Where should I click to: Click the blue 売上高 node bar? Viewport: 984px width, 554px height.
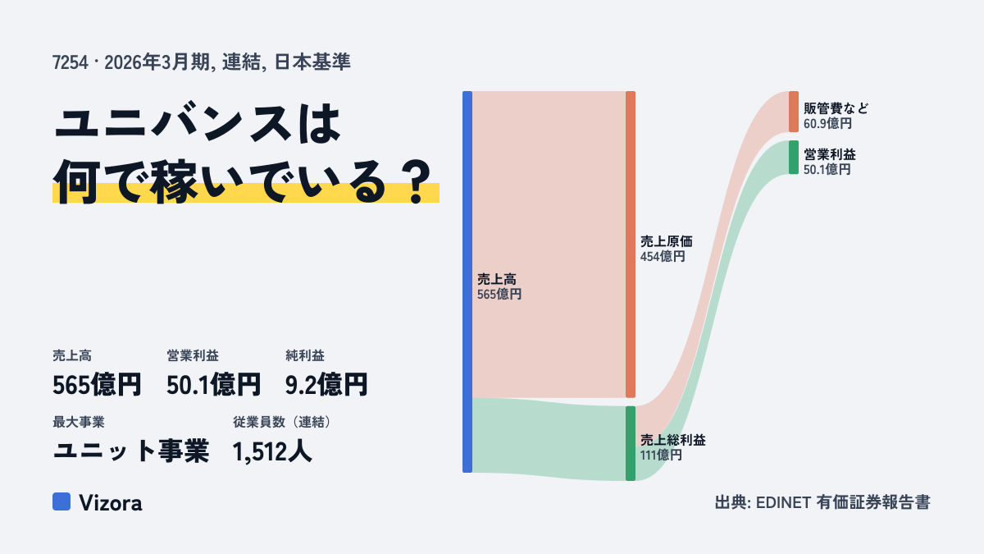[x=467, y=282]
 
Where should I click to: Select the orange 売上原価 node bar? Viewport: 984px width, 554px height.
[x=631, y=245]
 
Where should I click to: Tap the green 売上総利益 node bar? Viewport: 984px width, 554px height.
[x=631, y=443]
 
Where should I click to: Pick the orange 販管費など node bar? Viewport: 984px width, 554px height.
[x=794, y=112]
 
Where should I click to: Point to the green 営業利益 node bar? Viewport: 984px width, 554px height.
[x=794, y=158]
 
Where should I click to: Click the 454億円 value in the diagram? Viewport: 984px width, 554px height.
[x=663, y=256]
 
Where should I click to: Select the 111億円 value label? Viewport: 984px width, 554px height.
[x=661, y=455]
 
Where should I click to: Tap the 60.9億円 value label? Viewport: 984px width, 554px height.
[x=827, y=124]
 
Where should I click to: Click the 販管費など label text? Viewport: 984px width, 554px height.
[x=836, y=108]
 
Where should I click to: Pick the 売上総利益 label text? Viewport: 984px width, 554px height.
[x=672, y=440]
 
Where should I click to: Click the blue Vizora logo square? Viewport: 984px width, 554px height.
[x=61, y=501]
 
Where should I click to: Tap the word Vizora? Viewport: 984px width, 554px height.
[x=111, y=502]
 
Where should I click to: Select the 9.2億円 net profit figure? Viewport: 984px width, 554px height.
[x=326, y=384]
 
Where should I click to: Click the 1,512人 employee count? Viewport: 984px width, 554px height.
[x=272, y=451]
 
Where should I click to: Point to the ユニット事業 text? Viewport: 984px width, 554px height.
[x=131, y=451]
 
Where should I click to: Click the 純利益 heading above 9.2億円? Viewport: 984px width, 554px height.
[x=305, y=355]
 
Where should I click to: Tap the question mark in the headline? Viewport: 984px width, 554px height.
[x=416, y=182]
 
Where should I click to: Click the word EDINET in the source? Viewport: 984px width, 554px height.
[x=783, y=502]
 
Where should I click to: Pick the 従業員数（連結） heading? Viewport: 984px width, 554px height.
[x=282, y=422]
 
